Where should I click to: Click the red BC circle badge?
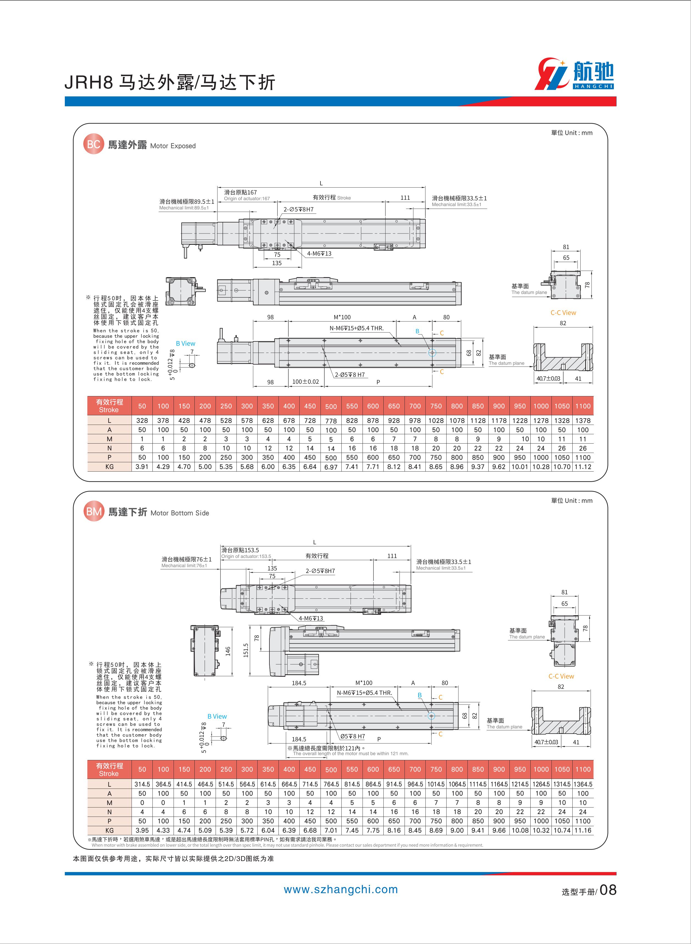click(x=93, y=144)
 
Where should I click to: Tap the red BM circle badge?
click(x=94, y=511)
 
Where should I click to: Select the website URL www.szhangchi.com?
click(x=341, y=890)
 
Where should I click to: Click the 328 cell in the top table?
click(x=142, y=420)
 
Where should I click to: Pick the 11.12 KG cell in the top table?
click(x=583, y=466)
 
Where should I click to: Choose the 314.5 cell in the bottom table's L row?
click(x=142, y=784)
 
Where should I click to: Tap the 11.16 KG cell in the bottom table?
click(x=583, y=830)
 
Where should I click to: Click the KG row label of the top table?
click(x=109, y=466)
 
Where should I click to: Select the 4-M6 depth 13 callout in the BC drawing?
click(x=319, y=254)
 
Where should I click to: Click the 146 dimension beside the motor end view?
click(x=228, y=651)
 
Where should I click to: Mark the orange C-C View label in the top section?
click(x=563, y=313)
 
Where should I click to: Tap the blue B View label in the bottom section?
click(x=217, y=717)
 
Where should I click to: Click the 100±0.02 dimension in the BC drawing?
click(x=305, y=382)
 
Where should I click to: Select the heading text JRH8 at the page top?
click(x=89, y=83)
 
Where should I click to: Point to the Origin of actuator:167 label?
click(x=247, y=199)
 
